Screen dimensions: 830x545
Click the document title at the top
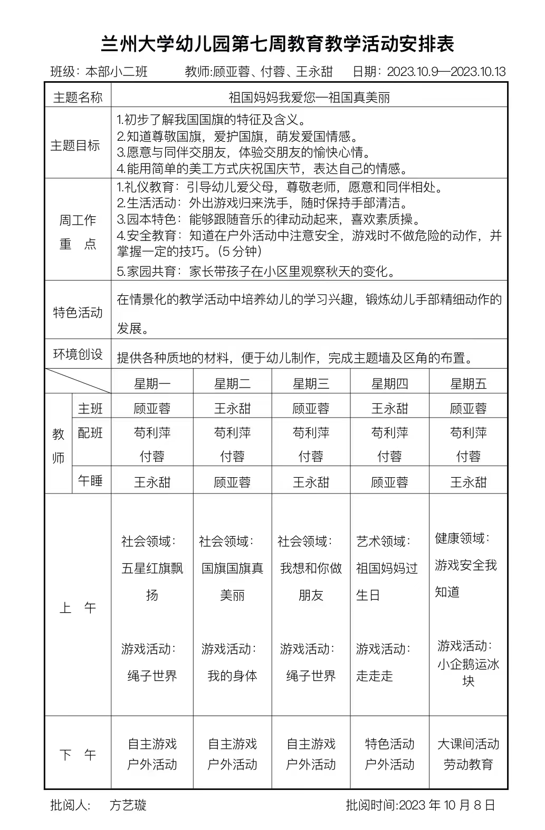[x=277, y=44]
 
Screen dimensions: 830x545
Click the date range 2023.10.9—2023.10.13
[x=446, y=72]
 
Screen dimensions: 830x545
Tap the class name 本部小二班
[x=117, y=72]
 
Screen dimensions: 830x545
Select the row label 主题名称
[x=78, y=97]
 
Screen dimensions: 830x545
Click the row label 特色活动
[x=78, y=312]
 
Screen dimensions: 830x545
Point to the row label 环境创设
[x=78, y=354]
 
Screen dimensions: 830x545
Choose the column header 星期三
[x=311, y=383]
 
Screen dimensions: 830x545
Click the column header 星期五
[x=468, y=383]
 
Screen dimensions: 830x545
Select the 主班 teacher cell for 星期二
[x=232, y=409]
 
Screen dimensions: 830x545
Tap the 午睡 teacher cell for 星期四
[x=389, y=482]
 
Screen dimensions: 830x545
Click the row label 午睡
[x=90, y=481]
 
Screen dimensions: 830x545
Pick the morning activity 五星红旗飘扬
[x=152, y=581]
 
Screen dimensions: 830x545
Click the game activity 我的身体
[x=232, y=675]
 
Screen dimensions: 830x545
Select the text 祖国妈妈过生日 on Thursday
[x=387, y=581]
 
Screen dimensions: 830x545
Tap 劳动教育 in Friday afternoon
[x=468, y=765]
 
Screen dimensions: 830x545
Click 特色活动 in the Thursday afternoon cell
[x=389, y=744]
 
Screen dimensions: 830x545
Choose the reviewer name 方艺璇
[x=128, y=805]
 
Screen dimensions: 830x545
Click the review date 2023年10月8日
[x=447, y=805]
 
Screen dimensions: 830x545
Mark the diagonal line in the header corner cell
[x=78, y=381]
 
